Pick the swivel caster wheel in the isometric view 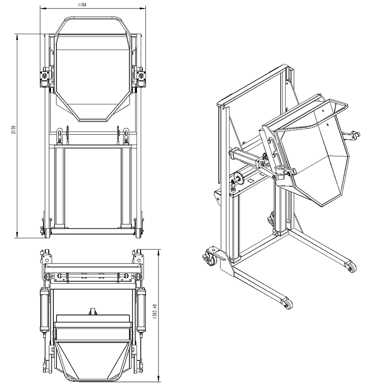coord(208,257)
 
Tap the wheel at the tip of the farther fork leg coord(349,267)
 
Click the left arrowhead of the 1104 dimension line coord(42,8)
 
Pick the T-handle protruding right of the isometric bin coord(351,135)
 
